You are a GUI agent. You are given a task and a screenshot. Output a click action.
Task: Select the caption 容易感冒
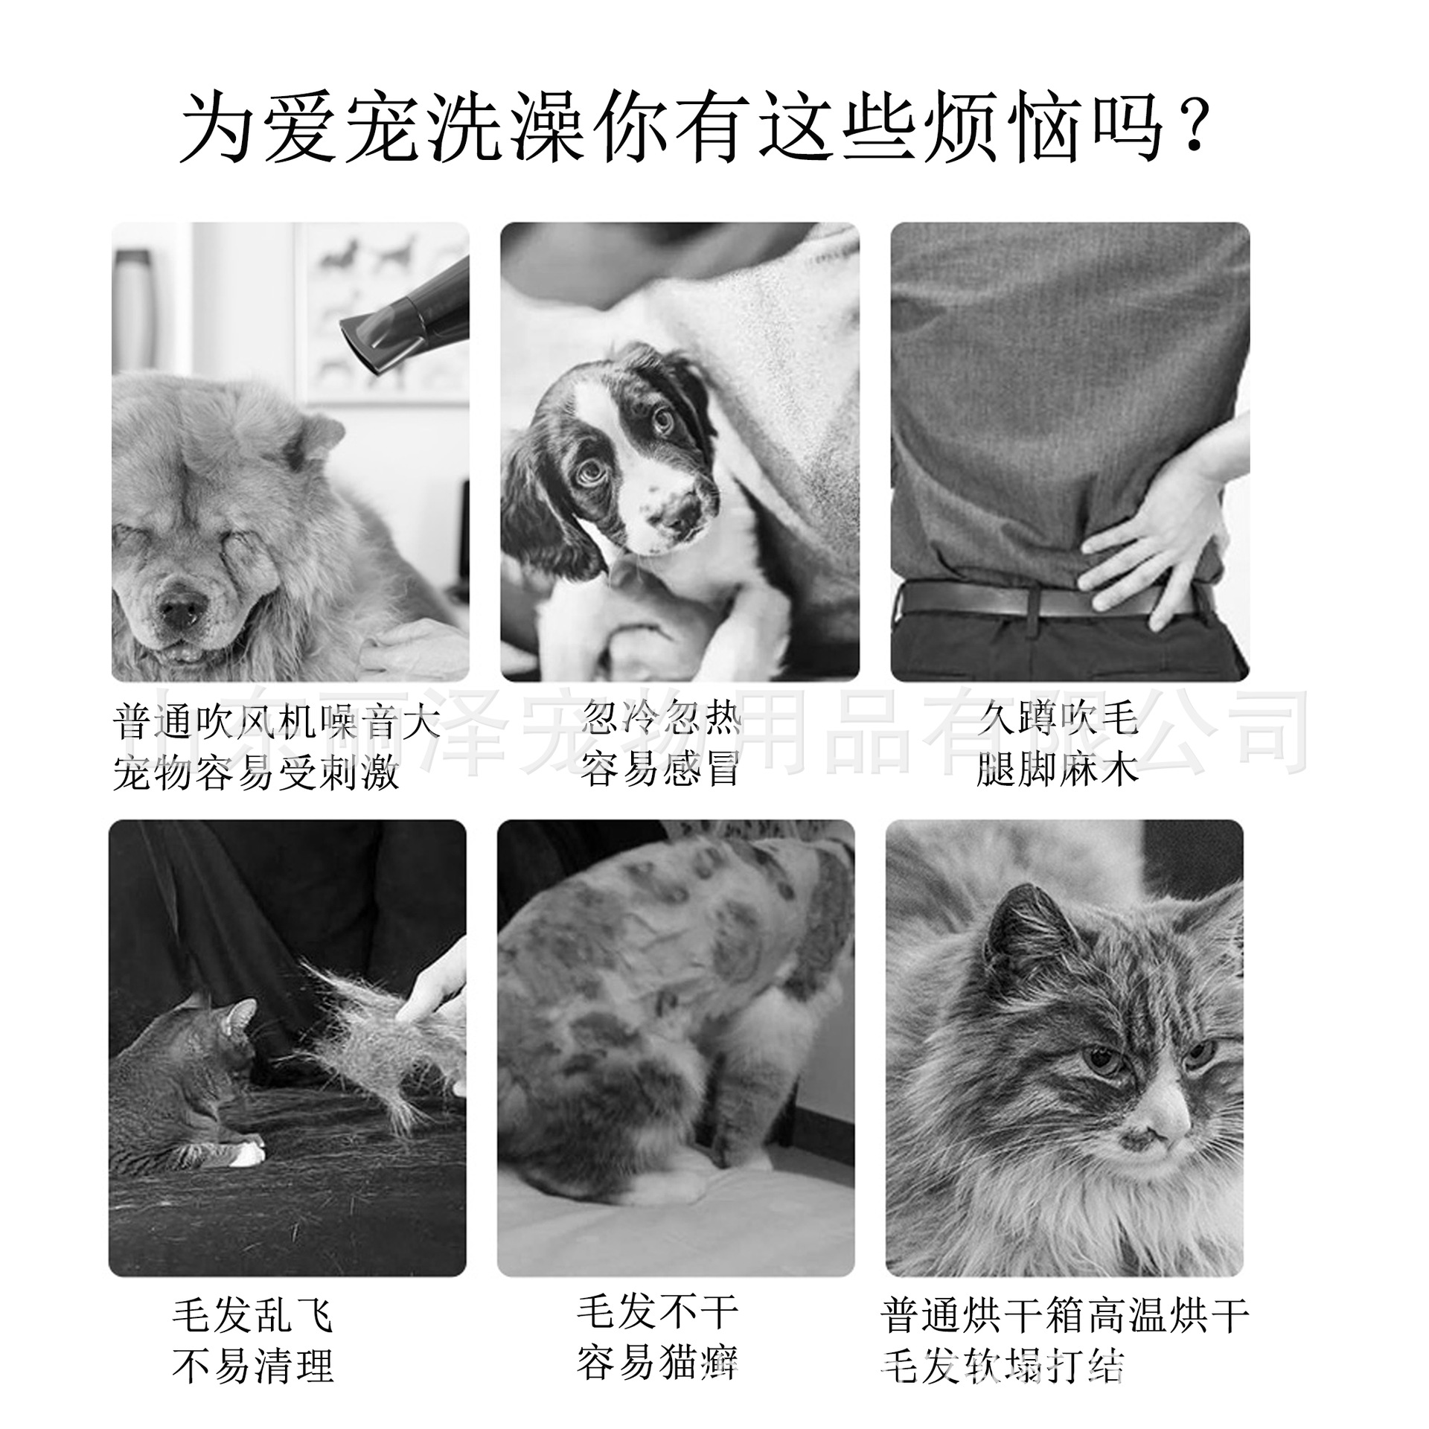661,769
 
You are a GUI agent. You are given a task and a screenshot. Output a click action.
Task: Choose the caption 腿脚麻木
1058,769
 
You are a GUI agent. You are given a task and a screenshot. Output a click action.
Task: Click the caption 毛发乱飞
253,1315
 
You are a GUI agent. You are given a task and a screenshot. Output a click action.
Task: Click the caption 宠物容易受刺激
257,774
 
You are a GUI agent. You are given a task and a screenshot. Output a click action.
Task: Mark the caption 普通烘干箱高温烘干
1064,1315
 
